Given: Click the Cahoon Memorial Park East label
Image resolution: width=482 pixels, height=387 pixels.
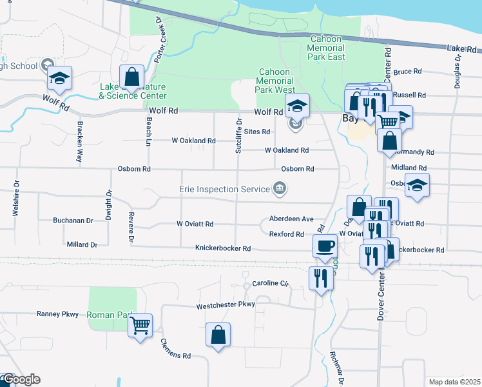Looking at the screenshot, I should [327, 48].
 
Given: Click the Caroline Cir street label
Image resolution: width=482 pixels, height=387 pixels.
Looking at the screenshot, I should [273, 283].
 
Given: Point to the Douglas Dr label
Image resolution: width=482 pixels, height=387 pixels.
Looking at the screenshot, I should [458, 70].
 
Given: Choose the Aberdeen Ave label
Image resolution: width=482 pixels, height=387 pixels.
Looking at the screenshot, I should [291, 219].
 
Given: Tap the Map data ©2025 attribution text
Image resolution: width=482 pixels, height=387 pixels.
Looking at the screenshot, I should [453, 381].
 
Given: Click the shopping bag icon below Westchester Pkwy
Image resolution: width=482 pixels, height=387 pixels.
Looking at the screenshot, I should [218, 335].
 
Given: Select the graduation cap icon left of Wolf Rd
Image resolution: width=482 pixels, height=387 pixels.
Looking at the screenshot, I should [60, 78].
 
